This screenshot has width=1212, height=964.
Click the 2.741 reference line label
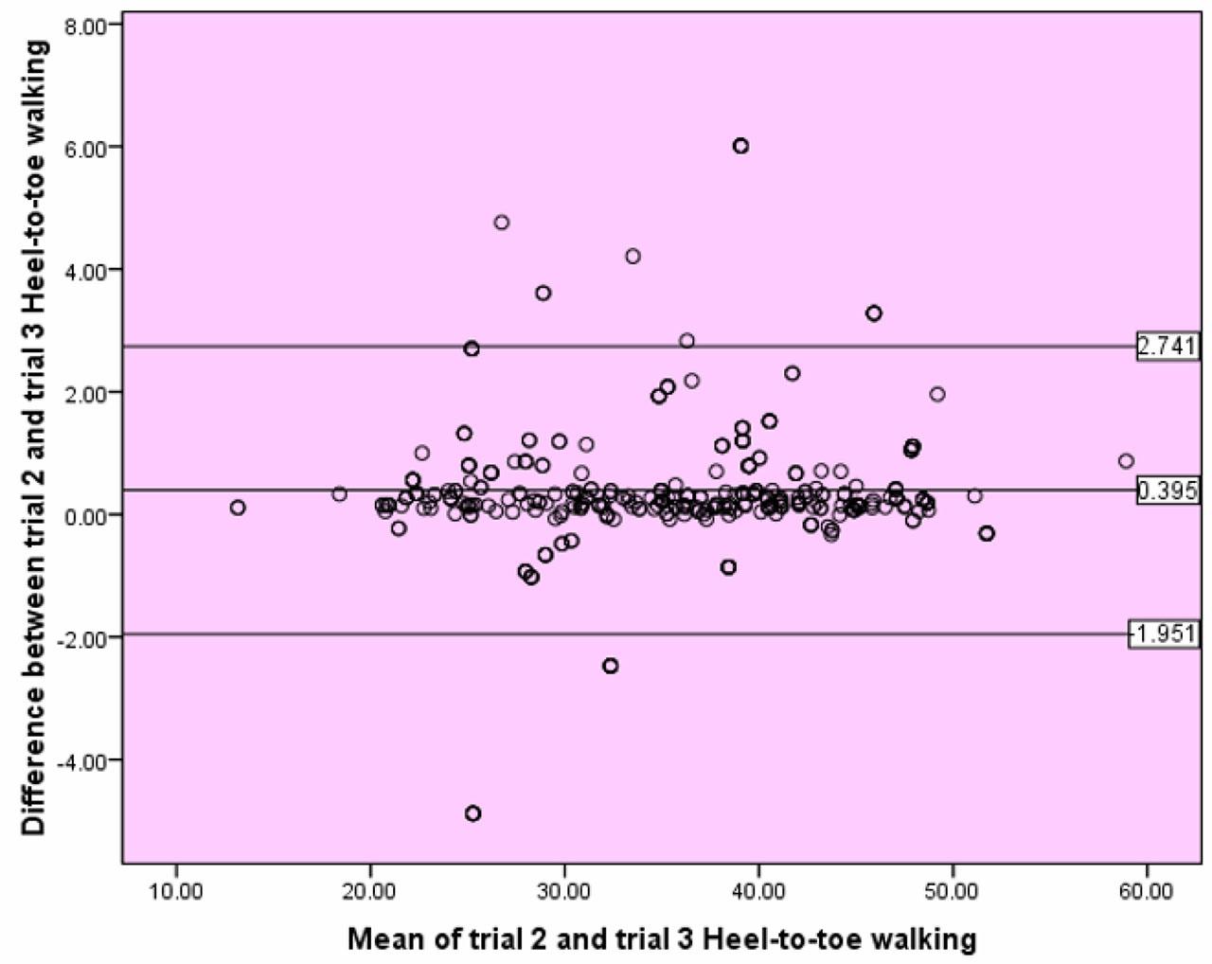(x=1167, y=346)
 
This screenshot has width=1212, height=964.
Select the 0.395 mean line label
(x=1167, y=491)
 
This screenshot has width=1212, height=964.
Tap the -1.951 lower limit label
(x=1164, y=634)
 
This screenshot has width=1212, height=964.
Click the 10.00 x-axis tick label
(x=176, y=891)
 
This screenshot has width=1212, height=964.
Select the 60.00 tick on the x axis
(x=1147, y=891)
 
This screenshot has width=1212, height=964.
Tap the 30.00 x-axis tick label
(x=564, y=891)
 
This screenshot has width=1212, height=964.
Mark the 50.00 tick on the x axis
(x=953, y=891)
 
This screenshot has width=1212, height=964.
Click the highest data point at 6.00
(x=740, y=146)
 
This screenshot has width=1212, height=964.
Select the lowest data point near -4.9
(x=472, y=813)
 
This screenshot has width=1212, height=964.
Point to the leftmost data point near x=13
(x=238, y=508)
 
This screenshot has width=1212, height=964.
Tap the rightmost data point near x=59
(x=1126, y=461)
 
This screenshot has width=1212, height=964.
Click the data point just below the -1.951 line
(x=610, y=666)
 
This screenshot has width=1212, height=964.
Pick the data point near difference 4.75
(x=502, y=223)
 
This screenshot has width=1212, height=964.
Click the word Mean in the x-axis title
(x=382, y=938)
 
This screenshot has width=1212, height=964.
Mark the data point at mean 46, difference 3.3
(x=874, y=313)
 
